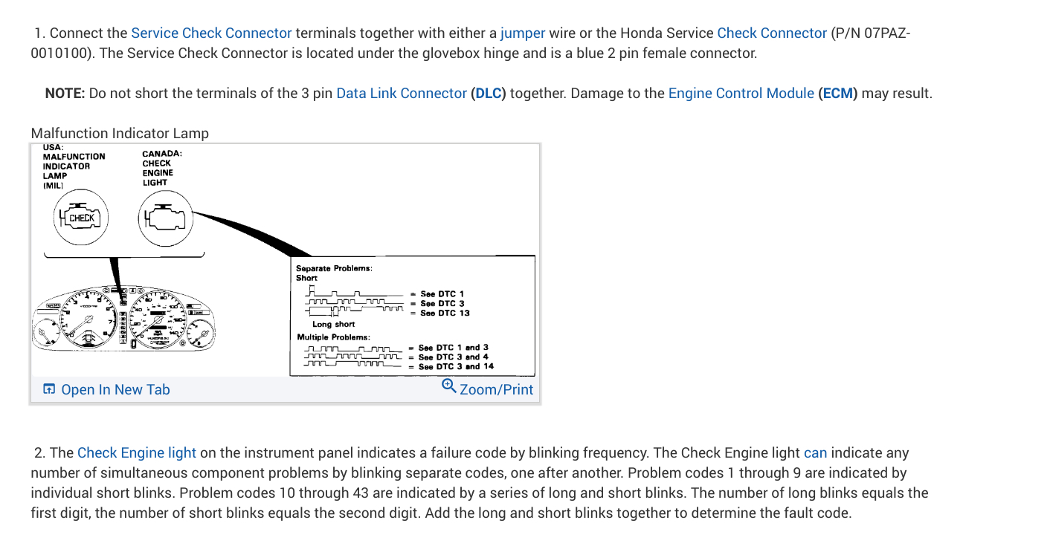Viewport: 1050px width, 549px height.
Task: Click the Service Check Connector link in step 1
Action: point(211,33)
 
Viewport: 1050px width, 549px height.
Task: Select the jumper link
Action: point(523,33)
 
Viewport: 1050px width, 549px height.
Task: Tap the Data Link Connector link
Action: point(402,94)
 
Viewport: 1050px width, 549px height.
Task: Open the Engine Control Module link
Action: point(741,94)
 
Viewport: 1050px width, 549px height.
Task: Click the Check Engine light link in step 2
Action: point(137,453)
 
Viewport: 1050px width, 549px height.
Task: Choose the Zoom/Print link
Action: point(488,389)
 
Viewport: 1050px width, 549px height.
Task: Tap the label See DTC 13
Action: point(445,313)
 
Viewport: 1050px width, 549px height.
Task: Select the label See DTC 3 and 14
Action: point(456,366)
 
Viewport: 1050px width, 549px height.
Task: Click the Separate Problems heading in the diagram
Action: point(334,268)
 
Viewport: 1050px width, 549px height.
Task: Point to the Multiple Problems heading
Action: point(334,337)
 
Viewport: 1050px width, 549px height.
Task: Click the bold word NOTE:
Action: point(65,94)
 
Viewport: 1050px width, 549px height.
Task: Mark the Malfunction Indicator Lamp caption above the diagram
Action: point(120,134)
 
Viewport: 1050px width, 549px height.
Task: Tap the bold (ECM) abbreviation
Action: point(837,94)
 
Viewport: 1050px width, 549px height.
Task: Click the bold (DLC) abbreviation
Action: point(488,94)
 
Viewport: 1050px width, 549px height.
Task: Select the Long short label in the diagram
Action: point(333,325)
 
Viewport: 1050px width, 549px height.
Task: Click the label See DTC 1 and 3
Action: point(454,348)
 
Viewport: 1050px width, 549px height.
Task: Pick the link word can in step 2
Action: point(815,453)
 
